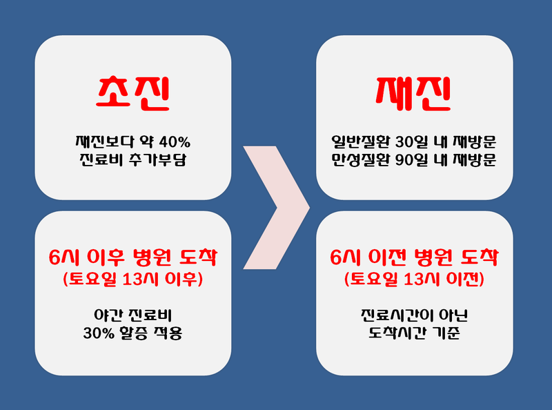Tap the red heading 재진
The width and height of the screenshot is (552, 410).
pos(413,95)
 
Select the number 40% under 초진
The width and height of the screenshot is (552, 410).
pos(175,142)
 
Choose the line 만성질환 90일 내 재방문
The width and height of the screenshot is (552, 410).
pos(414,161)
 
